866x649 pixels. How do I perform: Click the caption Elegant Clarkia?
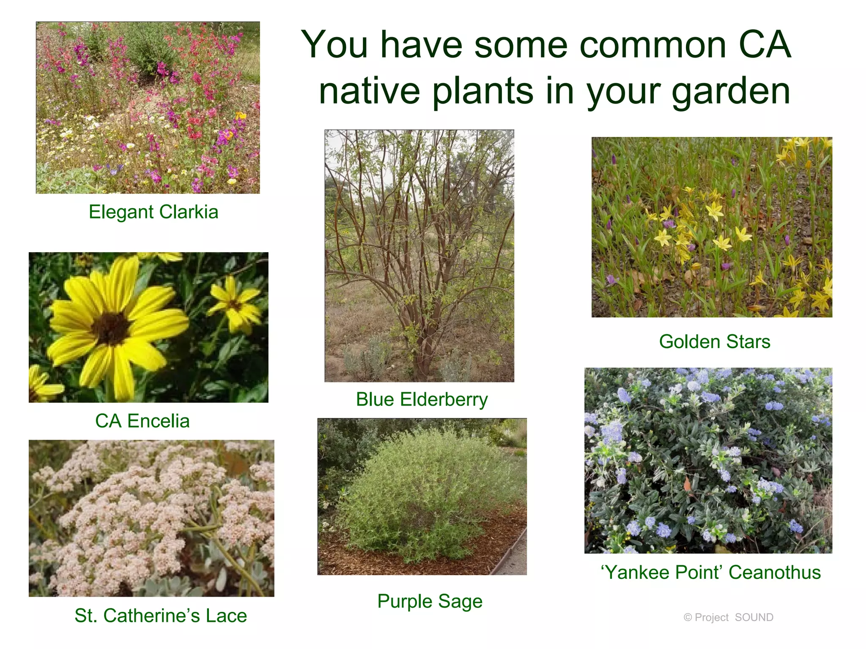[153, 212]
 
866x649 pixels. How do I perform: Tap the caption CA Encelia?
[142, 421]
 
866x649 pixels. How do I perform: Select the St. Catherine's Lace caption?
[161, 616]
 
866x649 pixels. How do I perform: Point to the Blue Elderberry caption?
[422, 399]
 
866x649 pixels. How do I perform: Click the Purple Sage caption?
[430, 601]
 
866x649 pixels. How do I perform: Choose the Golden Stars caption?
[714, 341]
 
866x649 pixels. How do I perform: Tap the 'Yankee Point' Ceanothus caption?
[710, 573]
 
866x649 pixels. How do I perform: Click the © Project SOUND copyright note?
[728, 617]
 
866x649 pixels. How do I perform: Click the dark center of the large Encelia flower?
[111, 328]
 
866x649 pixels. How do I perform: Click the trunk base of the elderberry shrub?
[421, 363]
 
